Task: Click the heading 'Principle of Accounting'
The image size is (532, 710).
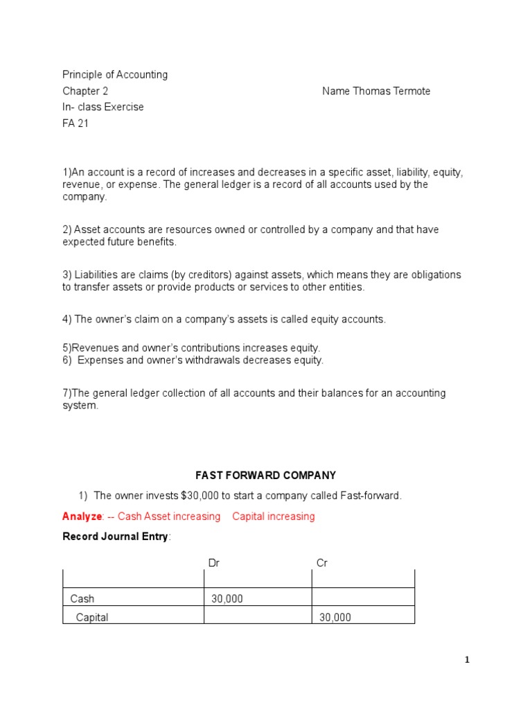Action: pyautogui.click(x=115, y=74)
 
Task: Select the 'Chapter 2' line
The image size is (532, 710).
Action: pyautogui.click(x=85, y=91)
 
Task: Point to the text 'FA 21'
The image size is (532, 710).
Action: pyautogui.click(x=76, y=123)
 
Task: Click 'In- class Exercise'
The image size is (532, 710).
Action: pyautogui.click(x=103, y=107)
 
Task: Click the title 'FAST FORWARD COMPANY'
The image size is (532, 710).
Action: pyautogui.click(x=265, y=475)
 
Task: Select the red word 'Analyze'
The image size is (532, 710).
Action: pyautogui.click(x=82, y=516)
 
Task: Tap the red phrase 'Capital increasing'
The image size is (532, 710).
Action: pyautogui.click(x=274, y=516)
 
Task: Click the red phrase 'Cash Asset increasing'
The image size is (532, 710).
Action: pyautogui.click(x=169, y=516)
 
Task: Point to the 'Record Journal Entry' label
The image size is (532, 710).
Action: pyautogui.click(x=115, y=537)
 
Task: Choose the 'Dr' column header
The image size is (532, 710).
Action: pyautogui.click(x=214, y=563)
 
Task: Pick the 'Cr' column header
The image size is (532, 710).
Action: pyautogui.click(x=321, y=563)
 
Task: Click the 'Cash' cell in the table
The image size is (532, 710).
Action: pyautogui.click(x=82, y=598)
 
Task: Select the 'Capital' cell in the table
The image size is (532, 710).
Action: pyautogui.click(x=92, y=617)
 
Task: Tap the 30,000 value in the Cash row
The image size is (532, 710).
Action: pyautogui.click(x=227, y=598)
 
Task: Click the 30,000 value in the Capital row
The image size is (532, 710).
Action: pyautogui.click(x=335, y=617)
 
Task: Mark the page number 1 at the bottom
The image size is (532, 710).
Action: pyautogui.click(x=467, y=660)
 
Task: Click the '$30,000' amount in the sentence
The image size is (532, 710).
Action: pyautogui.click(x=202, y=495)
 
